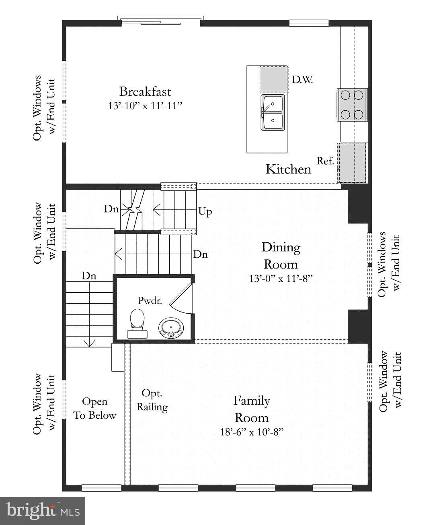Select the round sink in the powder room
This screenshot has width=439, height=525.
[171, 327]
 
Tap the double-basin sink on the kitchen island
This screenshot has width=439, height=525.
[273, 113]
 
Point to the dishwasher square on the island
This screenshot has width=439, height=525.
[273, 80]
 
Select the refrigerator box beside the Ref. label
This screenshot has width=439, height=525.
[352, 162]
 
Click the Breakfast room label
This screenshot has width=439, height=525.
[145, 91]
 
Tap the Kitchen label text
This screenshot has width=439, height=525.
[288, 169]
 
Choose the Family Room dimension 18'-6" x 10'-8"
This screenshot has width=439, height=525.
[252, 432]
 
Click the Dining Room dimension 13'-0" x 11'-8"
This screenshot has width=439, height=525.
[281, 278]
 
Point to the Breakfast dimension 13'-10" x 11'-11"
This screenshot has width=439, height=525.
[145, 106]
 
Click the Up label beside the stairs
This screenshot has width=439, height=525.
[205, 211]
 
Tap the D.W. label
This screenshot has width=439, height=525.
[302, 79]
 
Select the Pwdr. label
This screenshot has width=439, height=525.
[150, 300]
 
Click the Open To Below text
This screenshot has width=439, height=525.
[95, 408]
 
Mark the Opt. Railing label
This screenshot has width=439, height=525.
[152, 400]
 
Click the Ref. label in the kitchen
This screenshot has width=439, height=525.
[325, 161]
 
